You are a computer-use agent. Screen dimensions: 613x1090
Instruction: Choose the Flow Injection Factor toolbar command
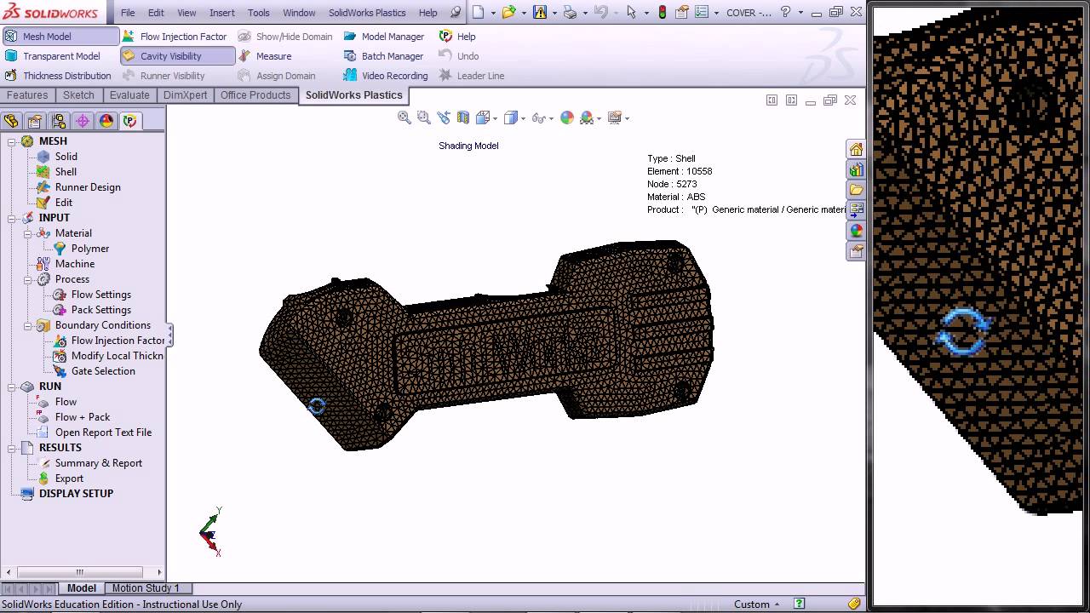pos(183,37)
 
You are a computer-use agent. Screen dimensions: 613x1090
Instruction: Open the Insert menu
pos(222,13)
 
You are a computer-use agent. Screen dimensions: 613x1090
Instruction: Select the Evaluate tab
pos(129,95)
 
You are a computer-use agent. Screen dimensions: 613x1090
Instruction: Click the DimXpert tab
pos(185,95)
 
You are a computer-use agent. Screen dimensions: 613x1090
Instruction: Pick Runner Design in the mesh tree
pos(88,187)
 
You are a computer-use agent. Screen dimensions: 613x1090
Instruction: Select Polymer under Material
pos(90,249)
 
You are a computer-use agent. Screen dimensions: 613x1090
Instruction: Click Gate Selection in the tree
pos(103,371)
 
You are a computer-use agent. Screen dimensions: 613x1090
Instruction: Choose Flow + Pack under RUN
pos(83,417)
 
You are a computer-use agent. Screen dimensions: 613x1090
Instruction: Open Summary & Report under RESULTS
pos(99,463)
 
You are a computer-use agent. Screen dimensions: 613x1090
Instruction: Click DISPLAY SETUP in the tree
pos(76,494)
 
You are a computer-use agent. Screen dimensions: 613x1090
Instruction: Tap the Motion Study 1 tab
pos(146,588)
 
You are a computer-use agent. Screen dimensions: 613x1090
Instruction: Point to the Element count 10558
pos(680,171)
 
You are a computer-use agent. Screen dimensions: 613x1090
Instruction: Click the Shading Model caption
pos(468,146)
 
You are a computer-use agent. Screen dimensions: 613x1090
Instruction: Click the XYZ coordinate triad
pos(209,533)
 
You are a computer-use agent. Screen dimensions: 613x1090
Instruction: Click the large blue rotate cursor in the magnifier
pos(963,331)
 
